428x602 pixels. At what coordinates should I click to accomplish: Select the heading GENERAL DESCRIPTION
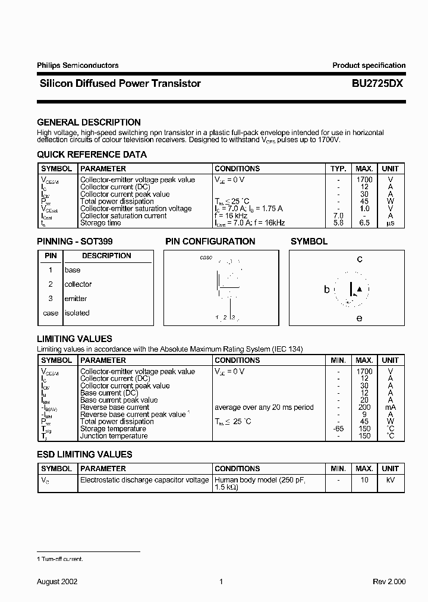point(89,123)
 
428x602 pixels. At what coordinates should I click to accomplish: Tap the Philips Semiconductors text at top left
point(78,65)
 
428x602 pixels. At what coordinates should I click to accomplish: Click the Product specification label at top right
point(369,65)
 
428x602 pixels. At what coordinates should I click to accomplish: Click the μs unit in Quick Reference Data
point(391,223)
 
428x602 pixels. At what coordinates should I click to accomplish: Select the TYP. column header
point(338,168)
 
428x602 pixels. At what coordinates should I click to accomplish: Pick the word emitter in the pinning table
point(75,299)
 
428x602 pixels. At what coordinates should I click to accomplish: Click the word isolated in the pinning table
point(77,313)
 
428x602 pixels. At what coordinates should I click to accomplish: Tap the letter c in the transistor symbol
point(360,259)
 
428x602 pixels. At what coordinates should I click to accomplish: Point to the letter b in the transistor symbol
point(327,290)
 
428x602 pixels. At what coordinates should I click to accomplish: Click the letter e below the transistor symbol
point(359,318)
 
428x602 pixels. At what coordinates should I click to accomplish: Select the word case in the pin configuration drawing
point(206,258)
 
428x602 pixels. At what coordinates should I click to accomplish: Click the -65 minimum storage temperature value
point(338,429)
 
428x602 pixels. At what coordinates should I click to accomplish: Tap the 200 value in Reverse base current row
point(364,407)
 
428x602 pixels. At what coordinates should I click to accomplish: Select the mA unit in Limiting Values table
point(391,407)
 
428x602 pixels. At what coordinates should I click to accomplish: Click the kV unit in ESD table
point(391,479)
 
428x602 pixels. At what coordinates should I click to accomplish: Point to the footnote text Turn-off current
point(62,559)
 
